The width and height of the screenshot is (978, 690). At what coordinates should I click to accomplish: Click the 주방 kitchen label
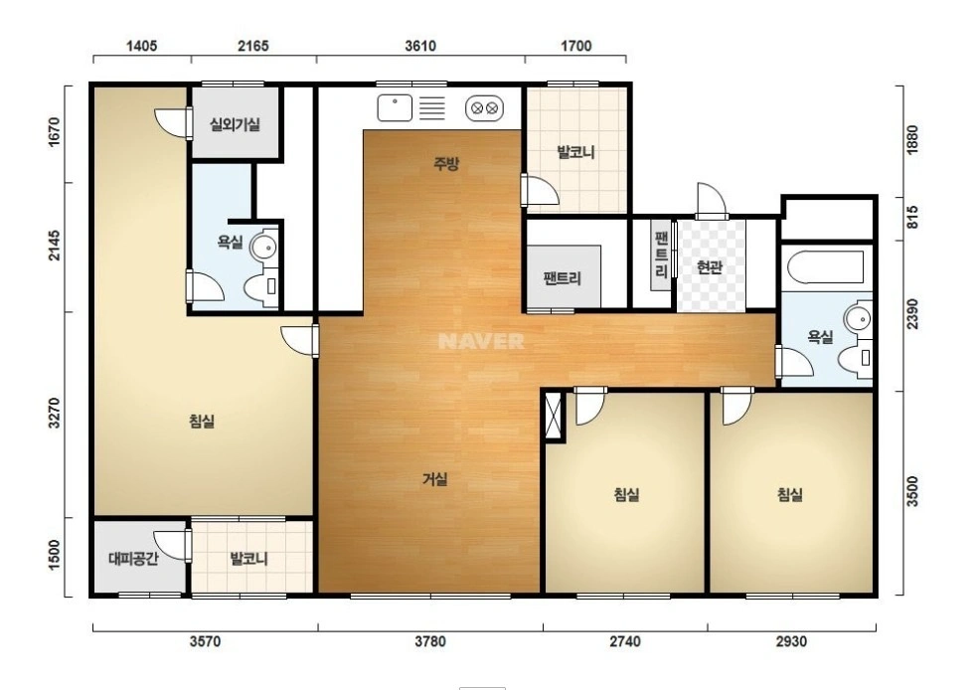click(x=446, y=164)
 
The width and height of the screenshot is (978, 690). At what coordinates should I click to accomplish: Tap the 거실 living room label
click(x=434, y=479)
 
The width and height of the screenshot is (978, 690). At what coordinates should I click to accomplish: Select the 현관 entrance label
click(x=710, y=267)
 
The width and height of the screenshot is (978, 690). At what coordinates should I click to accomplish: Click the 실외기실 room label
click(x=235, y=124)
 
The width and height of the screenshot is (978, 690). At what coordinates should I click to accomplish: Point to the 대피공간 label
click(x=133, y=558)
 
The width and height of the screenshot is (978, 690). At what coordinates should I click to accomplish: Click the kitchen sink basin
click(x=395, y=107)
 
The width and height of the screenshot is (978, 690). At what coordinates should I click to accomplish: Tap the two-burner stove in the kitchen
click(x=484, y=108)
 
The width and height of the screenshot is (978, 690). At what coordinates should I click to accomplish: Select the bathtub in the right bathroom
click(x=825, y=267)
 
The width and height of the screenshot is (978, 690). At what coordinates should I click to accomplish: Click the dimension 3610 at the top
click(x=420, y=46)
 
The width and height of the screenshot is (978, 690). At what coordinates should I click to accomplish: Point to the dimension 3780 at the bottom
click(x=430, y=641)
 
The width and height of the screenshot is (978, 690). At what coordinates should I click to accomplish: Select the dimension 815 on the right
click(x=911, y=218)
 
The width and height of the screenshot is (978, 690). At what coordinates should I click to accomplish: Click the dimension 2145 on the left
click(x=55, y=246)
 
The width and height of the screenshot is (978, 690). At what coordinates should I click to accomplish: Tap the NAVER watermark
click(x=481, y=341)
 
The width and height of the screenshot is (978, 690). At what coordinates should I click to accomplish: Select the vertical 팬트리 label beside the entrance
click(x=661, y=256)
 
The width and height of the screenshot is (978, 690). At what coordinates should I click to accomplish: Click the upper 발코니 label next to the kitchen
click(x=575, y=151)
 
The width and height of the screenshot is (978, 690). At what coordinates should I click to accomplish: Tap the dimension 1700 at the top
click(x=575, y=46)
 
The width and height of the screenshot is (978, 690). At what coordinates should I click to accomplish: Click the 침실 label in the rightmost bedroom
click(x=789, y=495)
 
